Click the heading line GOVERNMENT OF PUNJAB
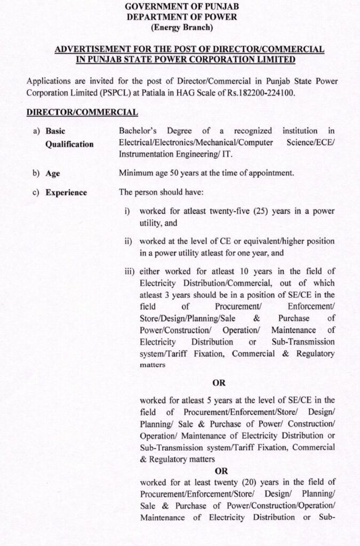[x=181, y=6]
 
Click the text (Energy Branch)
[x=181, y=27]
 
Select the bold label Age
[x=53, y=173]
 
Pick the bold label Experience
[x=66, y=192]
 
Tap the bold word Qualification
[x=69, y=144]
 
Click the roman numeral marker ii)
[x=129, y=242]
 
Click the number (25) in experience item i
[x=261, y=212]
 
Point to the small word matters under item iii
[x=153, y=365]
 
